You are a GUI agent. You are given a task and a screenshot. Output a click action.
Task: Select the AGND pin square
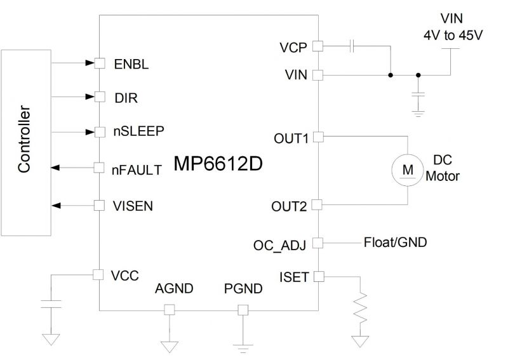[169, 310]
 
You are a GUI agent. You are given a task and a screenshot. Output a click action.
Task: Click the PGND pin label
[241, 290]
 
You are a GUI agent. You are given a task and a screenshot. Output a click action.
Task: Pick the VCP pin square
[318, 46]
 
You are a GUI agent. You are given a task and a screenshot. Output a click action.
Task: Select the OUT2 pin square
[318, 204]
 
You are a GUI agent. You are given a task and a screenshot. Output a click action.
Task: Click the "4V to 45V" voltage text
[453, 36]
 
